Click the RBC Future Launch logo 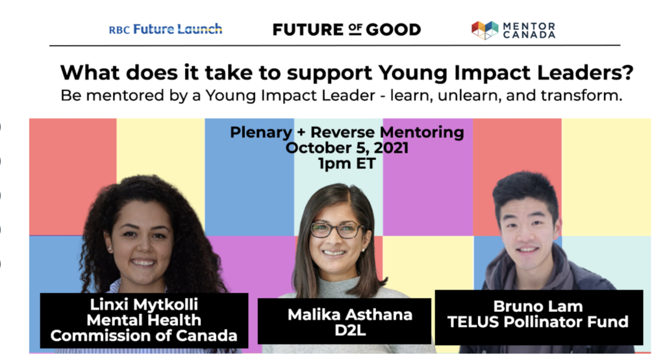(x=166, y=29)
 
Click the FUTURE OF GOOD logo (x=347, y=29)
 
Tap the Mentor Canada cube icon (x=484, y=30)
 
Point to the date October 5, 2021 (x=347, y=148)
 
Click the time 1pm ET (x=347, y=164)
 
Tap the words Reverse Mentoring (x=387, y=132)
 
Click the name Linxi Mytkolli (x=144, y=304)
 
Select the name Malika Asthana (x=350, y=315)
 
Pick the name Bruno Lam (x=538, y=306)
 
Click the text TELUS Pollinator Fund (x=538, y=322)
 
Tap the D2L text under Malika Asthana (x=350, y=330)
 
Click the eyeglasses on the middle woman (x=336, y=230)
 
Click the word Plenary (x=261, y=133)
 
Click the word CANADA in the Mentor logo (x=529, y=35)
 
